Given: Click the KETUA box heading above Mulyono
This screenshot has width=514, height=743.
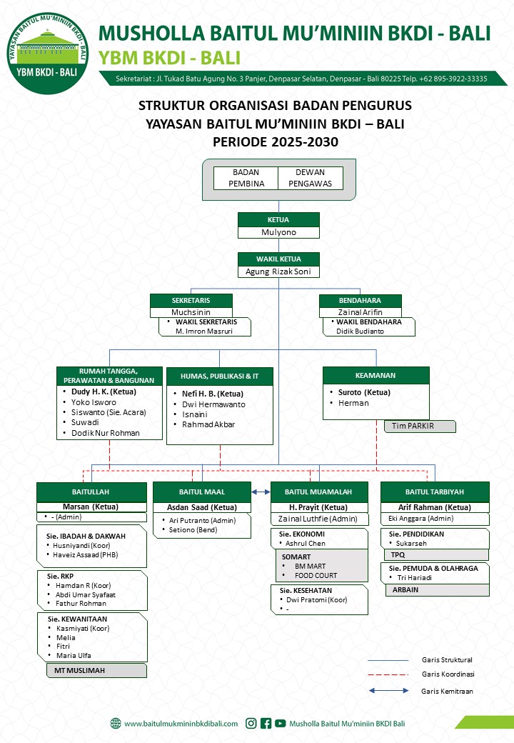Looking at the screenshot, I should point(278,219).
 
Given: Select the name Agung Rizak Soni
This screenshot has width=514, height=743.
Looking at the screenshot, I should point(278,271).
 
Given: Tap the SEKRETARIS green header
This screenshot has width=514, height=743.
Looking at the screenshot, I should point(191,301).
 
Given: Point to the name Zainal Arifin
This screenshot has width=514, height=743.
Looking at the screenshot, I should point(360,312).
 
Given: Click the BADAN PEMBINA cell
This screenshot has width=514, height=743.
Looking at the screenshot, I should point(246,178).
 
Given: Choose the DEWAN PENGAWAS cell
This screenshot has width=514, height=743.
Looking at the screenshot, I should point(310,178).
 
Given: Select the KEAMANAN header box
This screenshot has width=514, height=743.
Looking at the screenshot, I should point(376,375).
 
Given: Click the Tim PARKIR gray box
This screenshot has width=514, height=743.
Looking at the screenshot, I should point(420,427).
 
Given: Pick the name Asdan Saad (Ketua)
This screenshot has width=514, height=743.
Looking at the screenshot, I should point(201,507).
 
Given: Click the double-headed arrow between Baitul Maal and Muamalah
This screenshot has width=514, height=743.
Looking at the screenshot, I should point(261,492).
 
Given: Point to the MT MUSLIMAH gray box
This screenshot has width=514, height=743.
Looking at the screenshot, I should point(91,671).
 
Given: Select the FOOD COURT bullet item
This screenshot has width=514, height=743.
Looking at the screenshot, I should point(316,576).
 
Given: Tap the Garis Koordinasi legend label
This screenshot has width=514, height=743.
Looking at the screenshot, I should point(448,674).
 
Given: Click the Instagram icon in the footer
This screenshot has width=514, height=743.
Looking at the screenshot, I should point(251,723).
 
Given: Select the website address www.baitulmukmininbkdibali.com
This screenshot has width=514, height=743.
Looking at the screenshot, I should point(181,723).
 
